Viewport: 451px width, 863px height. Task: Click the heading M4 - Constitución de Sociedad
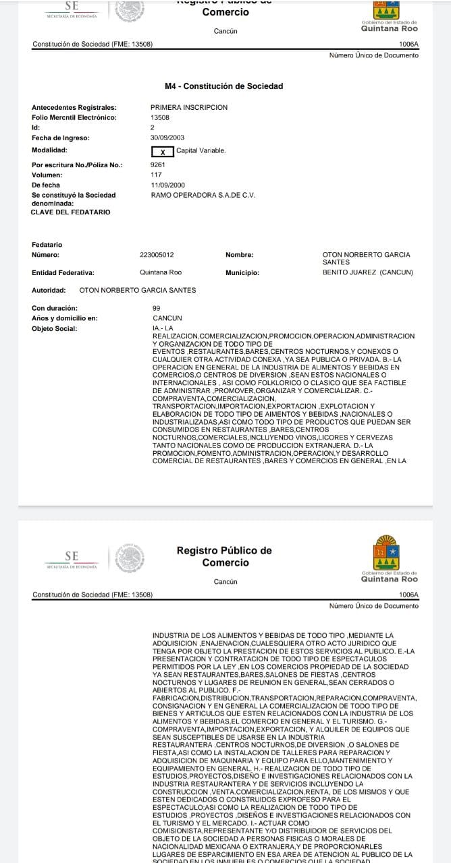(223, 86)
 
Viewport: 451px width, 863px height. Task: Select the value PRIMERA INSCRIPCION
(189, 107)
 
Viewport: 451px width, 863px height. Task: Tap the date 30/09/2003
(167, 138)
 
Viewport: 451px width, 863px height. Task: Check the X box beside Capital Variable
(162, 151)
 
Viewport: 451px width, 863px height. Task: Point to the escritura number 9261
(159, 165)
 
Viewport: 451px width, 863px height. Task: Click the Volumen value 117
(156, 175)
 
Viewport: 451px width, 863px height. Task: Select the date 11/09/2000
(167, 185)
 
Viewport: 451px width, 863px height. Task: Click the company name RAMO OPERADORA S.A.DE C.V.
(203, 195)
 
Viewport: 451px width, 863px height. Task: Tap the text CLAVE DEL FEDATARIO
(70, 212)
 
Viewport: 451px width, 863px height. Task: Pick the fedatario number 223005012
(157, 255)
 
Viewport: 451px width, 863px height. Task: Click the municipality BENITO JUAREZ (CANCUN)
(368, 272)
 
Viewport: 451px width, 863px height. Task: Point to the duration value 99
(157, 308)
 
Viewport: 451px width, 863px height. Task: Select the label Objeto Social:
(55, 329)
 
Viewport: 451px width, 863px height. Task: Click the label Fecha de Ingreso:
(61, 138)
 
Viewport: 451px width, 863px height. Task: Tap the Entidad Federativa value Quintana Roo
(161, 272)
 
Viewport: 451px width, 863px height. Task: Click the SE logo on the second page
(72, 559)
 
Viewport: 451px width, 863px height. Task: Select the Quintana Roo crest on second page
(387, 552)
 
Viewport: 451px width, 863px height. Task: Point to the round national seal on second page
(130, 559)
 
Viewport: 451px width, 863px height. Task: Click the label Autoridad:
(49, 291)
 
